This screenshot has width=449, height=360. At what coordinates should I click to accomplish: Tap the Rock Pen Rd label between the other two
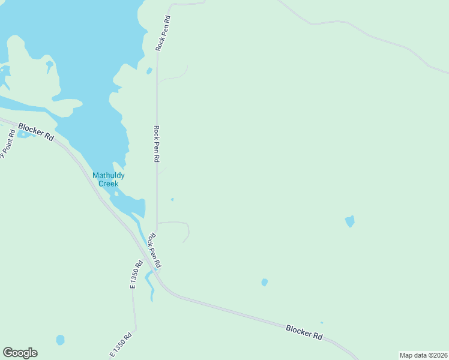pyautogui.click(x=157, y=144)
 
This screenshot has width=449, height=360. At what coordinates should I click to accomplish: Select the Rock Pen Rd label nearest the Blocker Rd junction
pyautogui.click(x=155, y=251)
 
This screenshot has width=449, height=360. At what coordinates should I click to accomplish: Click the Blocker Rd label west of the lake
pyautogui.click(x=36, y=132)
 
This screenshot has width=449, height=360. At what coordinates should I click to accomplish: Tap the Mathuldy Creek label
pyautogui.click(x=109, y=179)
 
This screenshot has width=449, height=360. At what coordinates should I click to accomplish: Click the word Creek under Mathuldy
pyautogui.click(x=109, y=184)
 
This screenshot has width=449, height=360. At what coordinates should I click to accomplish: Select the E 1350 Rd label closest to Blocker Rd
pyautogui.click(x=137, y=274)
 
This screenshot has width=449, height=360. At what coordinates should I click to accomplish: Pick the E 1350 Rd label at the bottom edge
pyautogui.click(x=121, y=345)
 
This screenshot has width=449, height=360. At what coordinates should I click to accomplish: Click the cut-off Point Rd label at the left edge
pyautogui.click(x=5, y=147)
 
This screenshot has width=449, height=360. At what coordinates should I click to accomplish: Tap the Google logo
pyautogui.click(x=20, y=353)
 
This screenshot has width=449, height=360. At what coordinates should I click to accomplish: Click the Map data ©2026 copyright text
pyautogui.click(x=423, y=355)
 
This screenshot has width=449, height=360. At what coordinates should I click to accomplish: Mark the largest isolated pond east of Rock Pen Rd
pyautogui.click(x=350, y=221)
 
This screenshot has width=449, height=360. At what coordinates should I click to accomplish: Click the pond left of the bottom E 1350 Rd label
pyautogui.click(x=60, y=340)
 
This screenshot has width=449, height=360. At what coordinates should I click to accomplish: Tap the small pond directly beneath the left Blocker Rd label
pyautogui.click(x=24, y=134)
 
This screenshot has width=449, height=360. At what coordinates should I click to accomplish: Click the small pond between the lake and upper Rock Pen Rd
pyautogui.click(x=149, y=71)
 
